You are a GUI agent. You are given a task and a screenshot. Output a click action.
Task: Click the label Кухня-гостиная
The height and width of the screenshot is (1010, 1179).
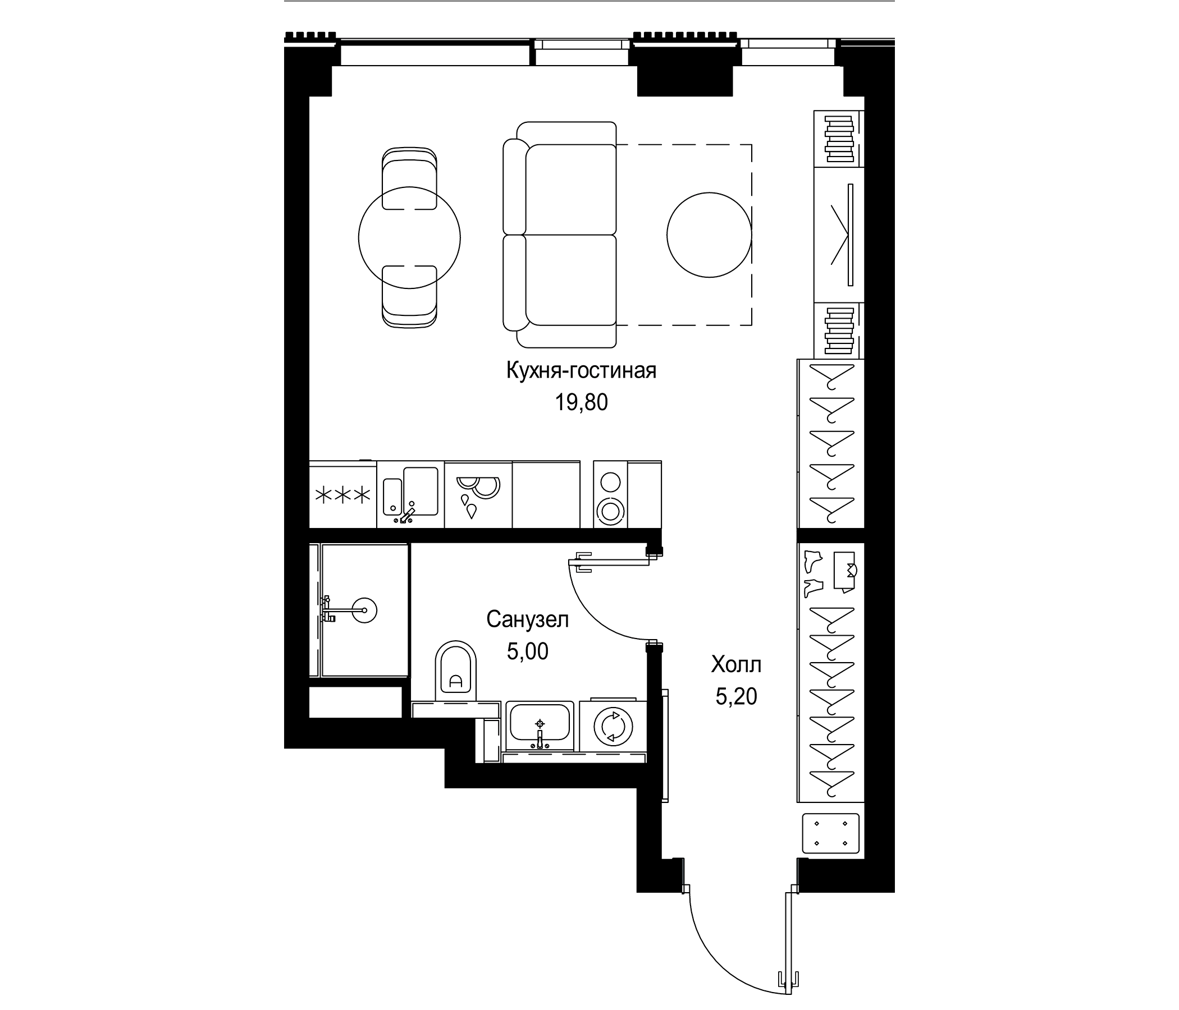coord(581,371)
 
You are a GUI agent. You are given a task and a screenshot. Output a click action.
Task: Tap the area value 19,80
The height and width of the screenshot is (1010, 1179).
coord(581,403)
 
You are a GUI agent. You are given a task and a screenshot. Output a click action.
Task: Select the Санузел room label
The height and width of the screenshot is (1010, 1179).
coord(528,619)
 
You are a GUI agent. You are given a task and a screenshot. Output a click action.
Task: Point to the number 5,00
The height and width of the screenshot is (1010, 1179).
coord(528,651)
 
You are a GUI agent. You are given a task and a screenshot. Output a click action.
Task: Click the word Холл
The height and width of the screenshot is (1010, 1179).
coord(735,664)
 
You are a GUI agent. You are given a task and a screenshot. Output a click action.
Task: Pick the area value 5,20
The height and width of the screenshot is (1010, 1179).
coord(735,697)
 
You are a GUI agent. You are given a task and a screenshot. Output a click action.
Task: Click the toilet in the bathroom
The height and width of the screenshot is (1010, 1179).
coord(456,671)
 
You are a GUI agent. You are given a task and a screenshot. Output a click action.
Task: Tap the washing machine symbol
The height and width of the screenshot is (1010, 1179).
coord(613,726)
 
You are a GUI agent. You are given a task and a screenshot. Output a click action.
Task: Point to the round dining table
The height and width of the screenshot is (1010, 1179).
coord(409,237)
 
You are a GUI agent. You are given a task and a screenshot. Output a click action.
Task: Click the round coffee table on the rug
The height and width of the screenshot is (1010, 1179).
coord(709,235)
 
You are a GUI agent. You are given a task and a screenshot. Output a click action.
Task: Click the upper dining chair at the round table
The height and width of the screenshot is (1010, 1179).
coord(410,179)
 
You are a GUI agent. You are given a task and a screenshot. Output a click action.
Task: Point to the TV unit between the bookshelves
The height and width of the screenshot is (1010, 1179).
coord(839,235)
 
